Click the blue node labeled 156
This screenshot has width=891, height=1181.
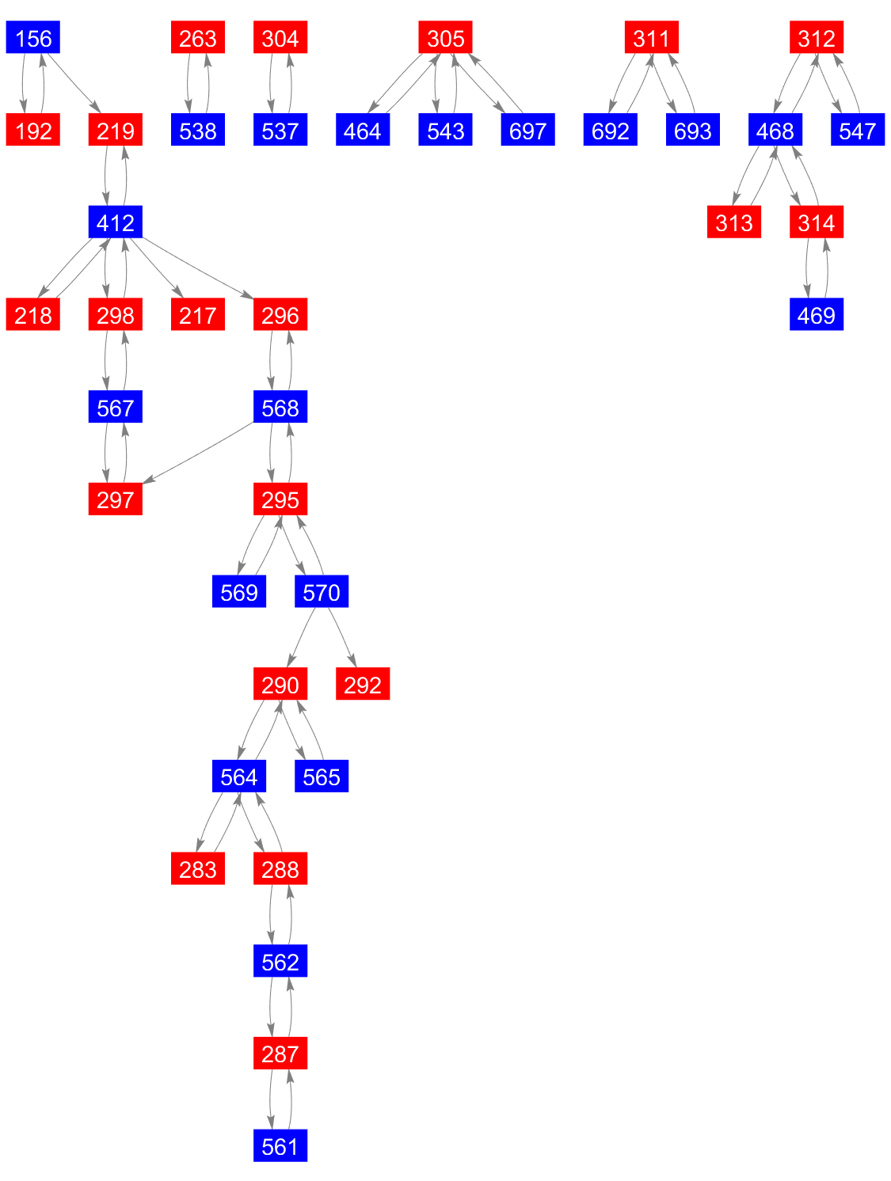pos(32,37)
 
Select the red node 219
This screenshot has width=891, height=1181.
pos(115,129)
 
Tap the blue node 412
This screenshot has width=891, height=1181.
pos(115,221)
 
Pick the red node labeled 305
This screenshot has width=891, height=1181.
pos(444,37)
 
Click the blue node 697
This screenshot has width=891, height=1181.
pos(527,129)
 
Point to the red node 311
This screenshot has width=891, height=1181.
pos(651,37)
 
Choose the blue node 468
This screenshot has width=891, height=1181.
pos(774,129)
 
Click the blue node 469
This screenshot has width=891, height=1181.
pos(816,313)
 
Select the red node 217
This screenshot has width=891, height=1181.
pos(197,313)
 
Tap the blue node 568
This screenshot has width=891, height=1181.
pos(280,406)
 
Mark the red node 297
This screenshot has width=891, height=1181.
pos(115,498)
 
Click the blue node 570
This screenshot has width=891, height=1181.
pos(322,590)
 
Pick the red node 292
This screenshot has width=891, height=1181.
pos(362,683)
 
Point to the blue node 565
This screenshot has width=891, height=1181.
pos(322,775)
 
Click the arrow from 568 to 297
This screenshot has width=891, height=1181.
pos(198,453)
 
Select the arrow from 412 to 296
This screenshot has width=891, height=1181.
pos(197,268)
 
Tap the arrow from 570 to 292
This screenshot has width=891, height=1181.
pos(342,637)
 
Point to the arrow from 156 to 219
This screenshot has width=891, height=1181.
pos(74,83)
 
